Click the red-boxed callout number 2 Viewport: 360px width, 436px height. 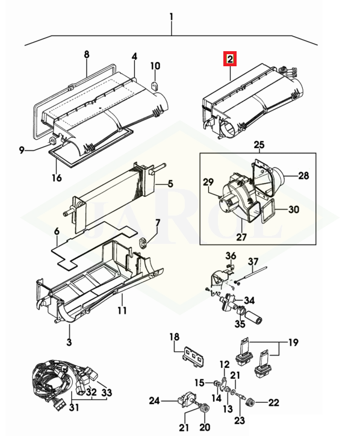(230, 59)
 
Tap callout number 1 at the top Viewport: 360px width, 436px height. (172, 17)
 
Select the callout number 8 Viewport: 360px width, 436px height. (87, 54)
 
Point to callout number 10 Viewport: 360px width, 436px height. (155, 66)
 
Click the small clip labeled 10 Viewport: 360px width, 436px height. (155, 86)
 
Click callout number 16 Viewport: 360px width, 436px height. (57, 178)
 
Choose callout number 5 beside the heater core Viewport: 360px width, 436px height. (170, 184)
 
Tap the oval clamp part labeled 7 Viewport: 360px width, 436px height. (143, 243)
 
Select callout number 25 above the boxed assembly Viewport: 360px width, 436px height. (259, 145)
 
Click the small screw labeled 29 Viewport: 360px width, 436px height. (219, 196)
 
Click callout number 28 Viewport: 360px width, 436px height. (303, 176)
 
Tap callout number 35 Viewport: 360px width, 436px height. (240, 323)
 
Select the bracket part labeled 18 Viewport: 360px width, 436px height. (194, 356)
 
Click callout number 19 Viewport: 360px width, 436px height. (293, 342)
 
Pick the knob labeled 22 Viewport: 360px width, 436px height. (251, 402)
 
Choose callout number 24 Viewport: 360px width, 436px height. (154, 400)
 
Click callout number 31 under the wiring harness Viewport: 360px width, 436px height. (73, 408)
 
